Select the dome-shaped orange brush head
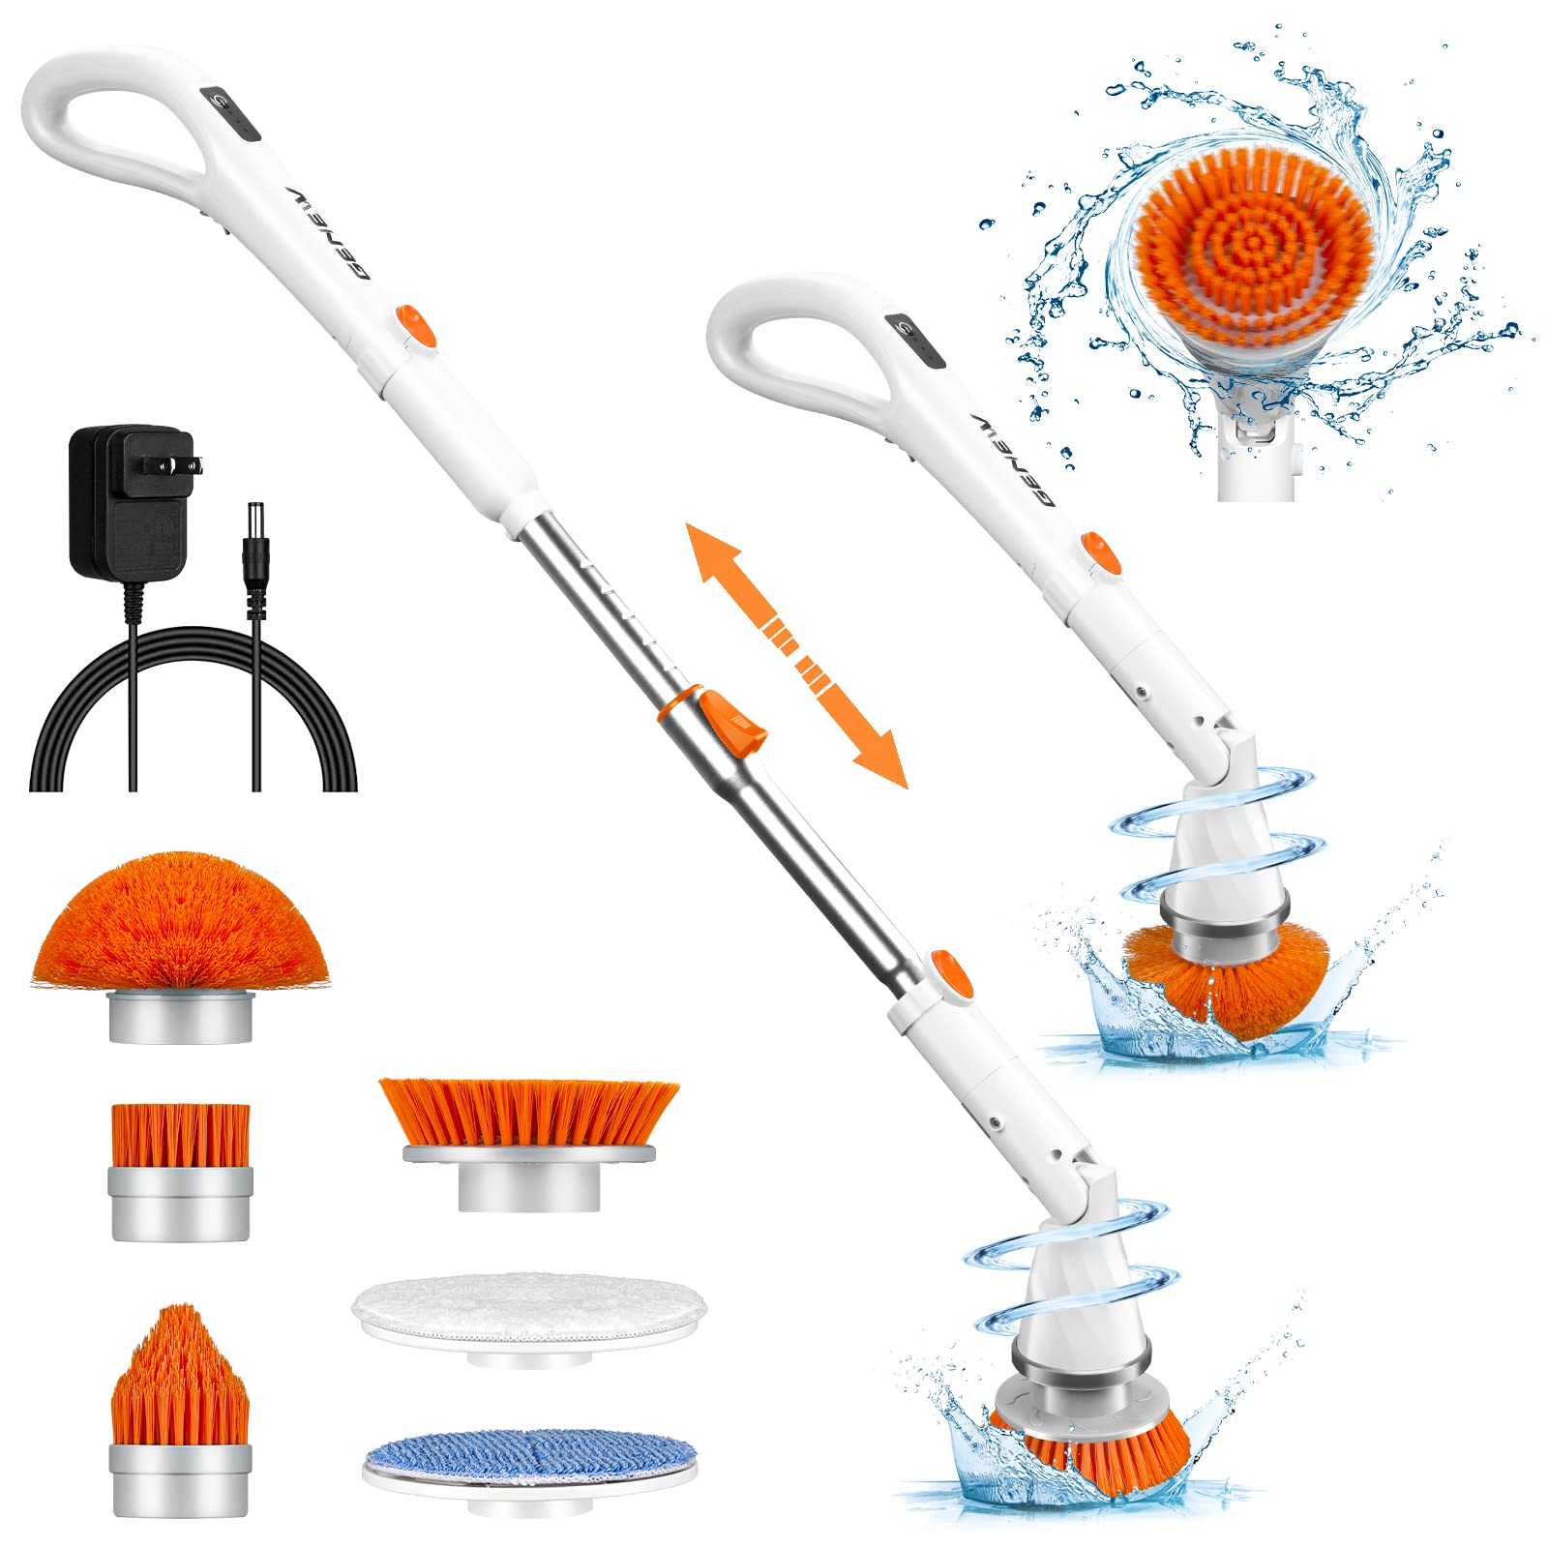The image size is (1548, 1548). tap(180, 924)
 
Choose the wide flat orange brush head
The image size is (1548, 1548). tap(528, 1113)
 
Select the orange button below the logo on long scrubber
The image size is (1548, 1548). tap(415, 324)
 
